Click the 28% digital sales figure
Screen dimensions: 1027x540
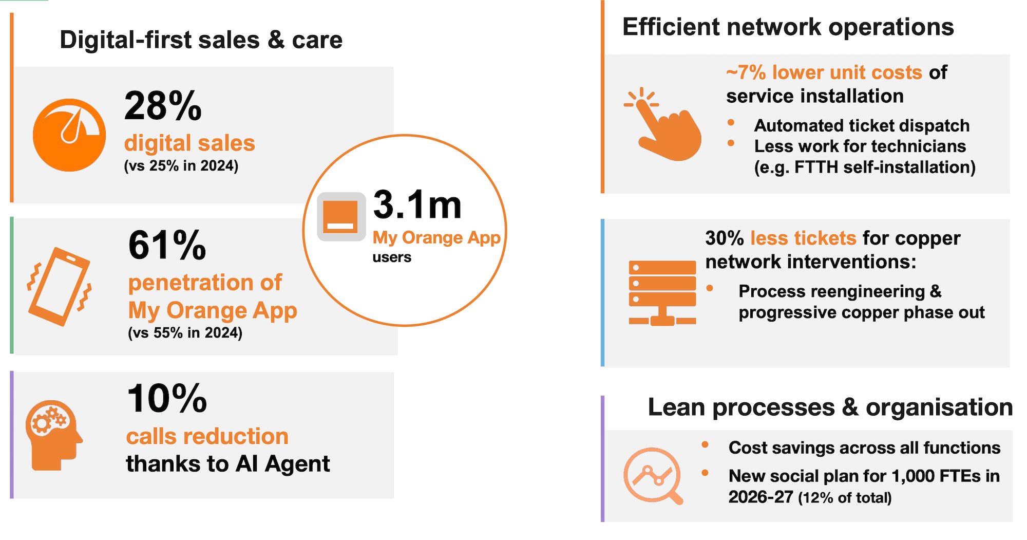163,106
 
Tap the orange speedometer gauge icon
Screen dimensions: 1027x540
69,135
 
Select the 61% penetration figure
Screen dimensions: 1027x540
167,245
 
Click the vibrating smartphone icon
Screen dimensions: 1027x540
60,286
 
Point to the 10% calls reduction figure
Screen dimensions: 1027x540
167,398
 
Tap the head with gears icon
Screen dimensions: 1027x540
54,435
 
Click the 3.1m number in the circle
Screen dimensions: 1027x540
417,204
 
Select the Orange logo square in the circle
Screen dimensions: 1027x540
341,216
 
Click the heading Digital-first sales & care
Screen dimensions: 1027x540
201,40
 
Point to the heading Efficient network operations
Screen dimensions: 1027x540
788,27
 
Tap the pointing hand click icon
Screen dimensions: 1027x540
663,124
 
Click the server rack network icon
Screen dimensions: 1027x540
662,293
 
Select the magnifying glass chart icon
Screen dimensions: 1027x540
653,476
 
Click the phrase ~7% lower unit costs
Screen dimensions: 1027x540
824,72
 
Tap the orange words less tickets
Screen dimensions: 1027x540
803,238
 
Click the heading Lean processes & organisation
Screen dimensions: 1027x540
830,407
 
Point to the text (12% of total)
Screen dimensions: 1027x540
845,497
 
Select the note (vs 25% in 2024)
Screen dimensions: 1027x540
181,166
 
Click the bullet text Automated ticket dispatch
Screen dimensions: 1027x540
862,125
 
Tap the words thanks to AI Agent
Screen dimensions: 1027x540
228,464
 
